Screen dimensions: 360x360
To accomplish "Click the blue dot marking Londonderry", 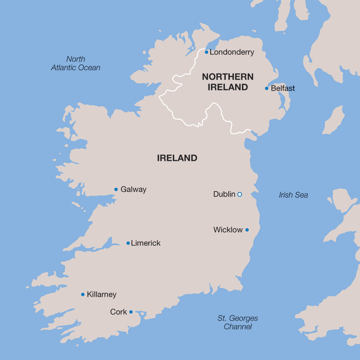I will (x=207, y=52).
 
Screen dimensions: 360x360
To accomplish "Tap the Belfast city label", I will (x=283, y=88).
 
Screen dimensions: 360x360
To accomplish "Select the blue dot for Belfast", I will (x=266, y=88).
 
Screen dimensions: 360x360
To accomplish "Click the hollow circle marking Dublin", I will (x=239, y=194).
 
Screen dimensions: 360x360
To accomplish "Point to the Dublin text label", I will (x=224, y=194).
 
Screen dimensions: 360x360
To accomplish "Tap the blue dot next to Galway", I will (x=116, y=189).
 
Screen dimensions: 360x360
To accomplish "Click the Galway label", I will (x=133, y=189).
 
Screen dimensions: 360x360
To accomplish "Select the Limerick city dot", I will (x=128, y=243).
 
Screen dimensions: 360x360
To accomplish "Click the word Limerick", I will (x=146, y=243).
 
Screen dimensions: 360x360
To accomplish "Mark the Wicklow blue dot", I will (x=247, y=230).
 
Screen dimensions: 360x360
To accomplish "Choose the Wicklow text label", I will (x=228, y=230).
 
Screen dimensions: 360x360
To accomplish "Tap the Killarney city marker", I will (x=83, y=294).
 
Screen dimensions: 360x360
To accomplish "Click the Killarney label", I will (x=102, y=294).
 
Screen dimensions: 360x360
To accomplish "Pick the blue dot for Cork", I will (x=131, y=312).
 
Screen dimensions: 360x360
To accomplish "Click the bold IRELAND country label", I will (x=177, y=158).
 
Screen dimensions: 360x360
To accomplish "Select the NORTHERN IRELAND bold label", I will (x=228, y=82).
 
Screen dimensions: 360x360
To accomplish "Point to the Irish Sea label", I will (x=293, y=195).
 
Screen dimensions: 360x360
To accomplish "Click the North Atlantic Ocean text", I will (x=76, y=64).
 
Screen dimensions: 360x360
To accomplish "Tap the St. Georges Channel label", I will (x=238, y=322).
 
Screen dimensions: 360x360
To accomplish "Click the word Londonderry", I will (x=232, y=52).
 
